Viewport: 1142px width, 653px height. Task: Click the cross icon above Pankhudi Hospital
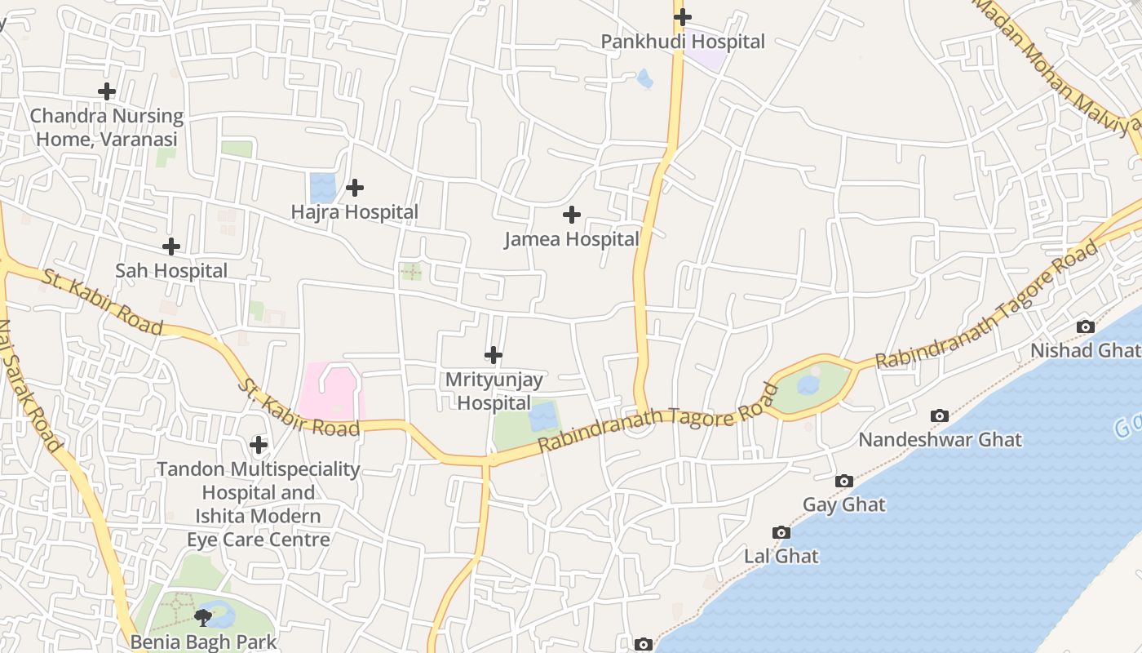pyautogui.click(x=683, y=16)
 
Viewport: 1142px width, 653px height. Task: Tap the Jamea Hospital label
pyautogui.click(x=572, y=239)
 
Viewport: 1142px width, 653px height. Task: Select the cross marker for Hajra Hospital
pyautogui.click(x=355, y=188)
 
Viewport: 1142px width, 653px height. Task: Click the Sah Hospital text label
pyautogui.click(x=171, y=270)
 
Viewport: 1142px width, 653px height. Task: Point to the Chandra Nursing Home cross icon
pyautogui.click(x=107, y=91)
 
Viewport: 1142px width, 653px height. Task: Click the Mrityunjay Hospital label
pyautogui.click(x=494, y=391)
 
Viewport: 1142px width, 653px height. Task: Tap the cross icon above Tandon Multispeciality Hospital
pyautogui.click(x=259, y=445)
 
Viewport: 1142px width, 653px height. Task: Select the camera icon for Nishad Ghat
pyautogui.click(x=1086, y=326)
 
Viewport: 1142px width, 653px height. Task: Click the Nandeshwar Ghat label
pyautogui.click(x=940, y=440)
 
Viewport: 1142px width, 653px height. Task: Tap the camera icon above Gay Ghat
pyautogui.click(x=844, y=481)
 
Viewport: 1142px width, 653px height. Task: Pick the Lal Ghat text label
pyautogui.click(x=781, y=556)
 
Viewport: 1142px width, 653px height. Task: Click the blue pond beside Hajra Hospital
pyautogui.click(x=323, y=188)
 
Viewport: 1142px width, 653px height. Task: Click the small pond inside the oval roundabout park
pyautogui.click(x=808, y=384)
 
